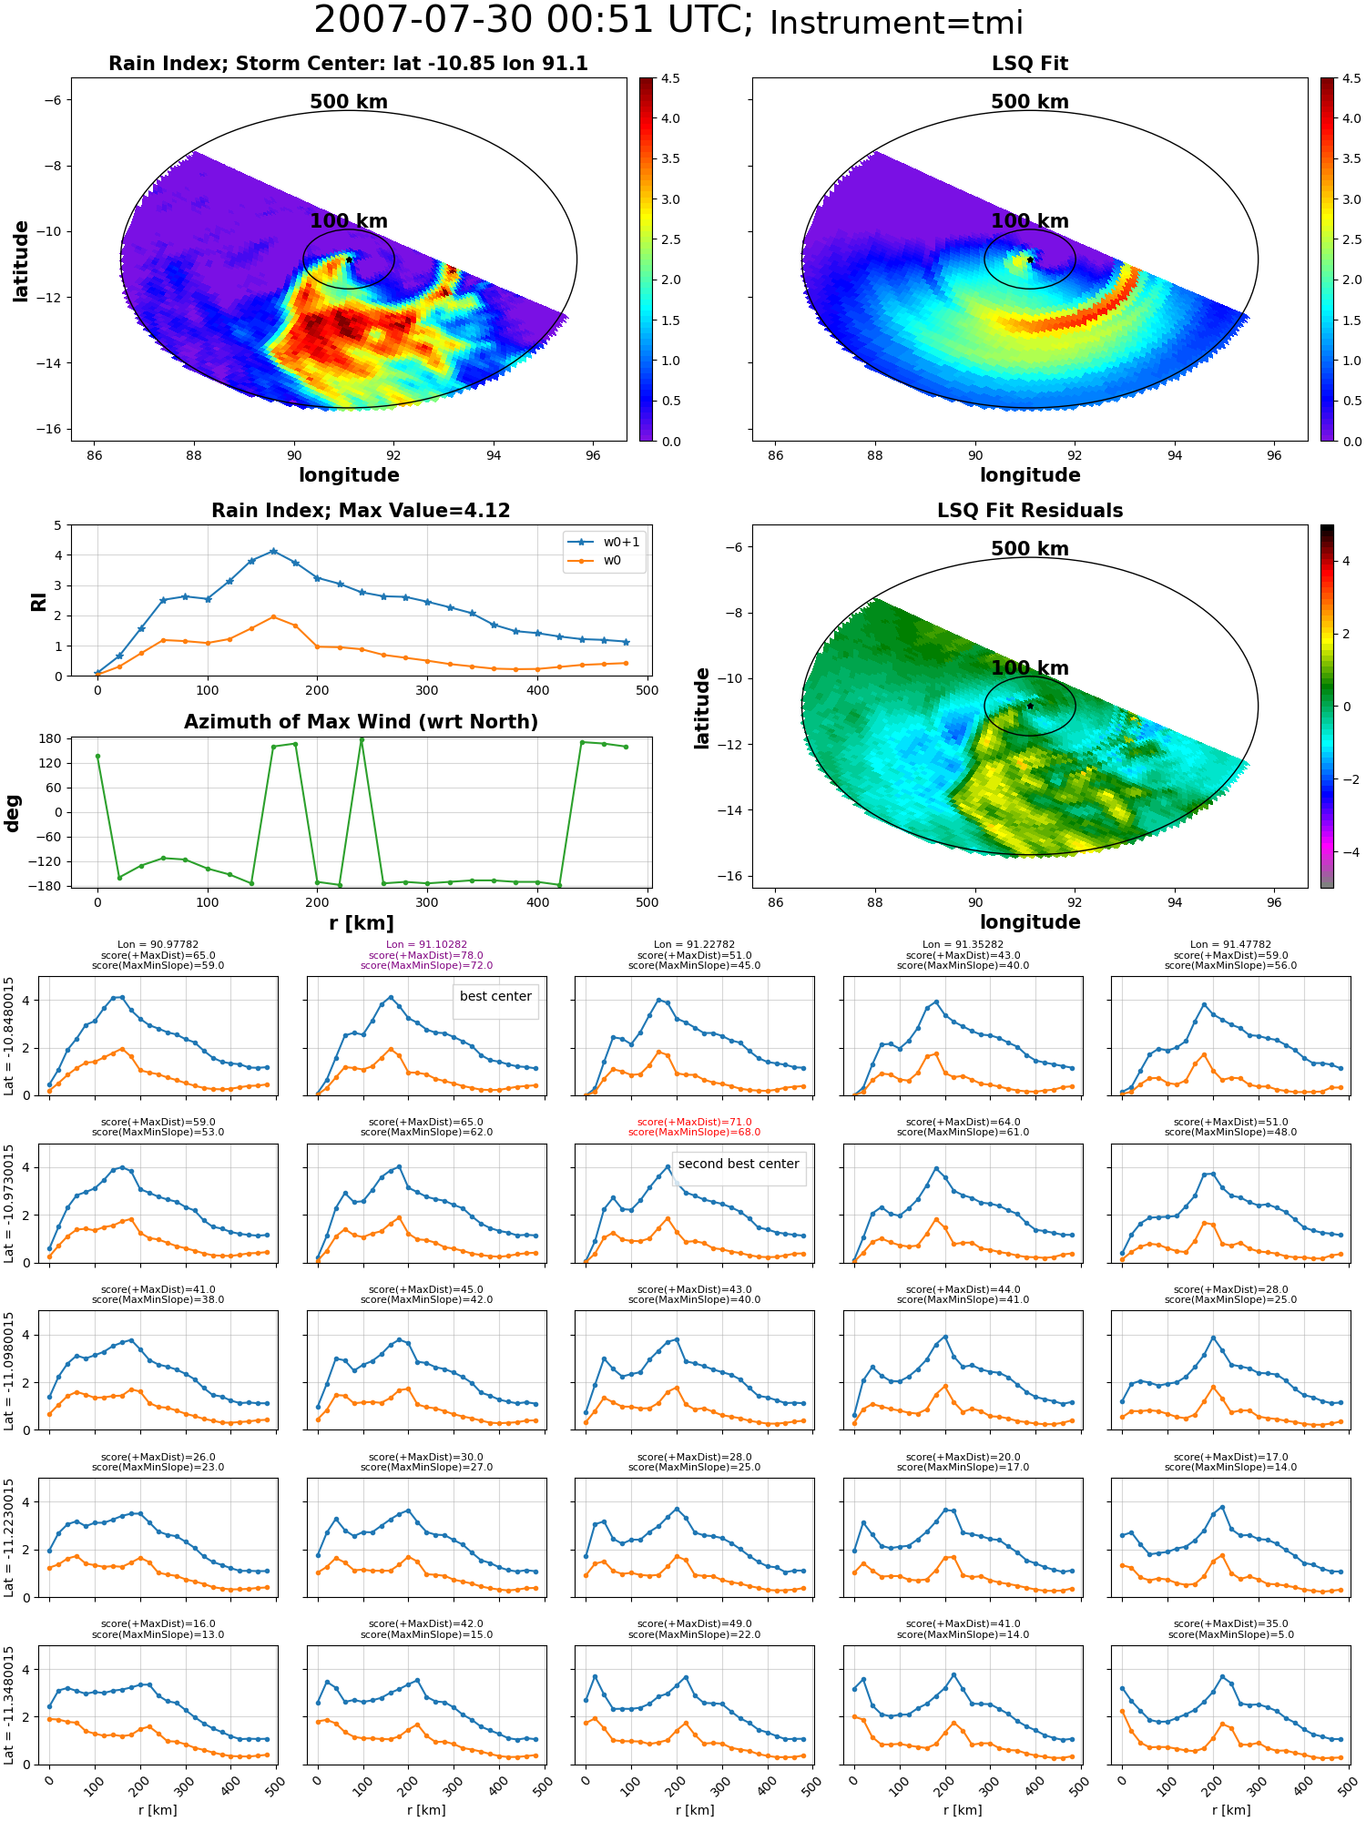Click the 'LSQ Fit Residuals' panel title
click(x=1030, y=511)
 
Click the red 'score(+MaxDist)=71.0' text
click(x=694, y=1122)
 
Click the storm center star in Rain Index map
click(x=349, y=259)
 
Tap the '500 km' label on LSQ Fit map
click(x=1030, y=102)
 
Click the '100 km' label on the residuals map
click(x=1030, y=668)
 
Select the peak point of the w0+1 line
click(x=273, y=551)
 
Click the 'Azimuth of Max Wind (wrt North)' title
click(x=361, y=722)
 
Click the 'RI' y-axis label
click(x=39, y=601)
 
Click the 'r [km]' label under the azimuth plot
click(x=361, y=923)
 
